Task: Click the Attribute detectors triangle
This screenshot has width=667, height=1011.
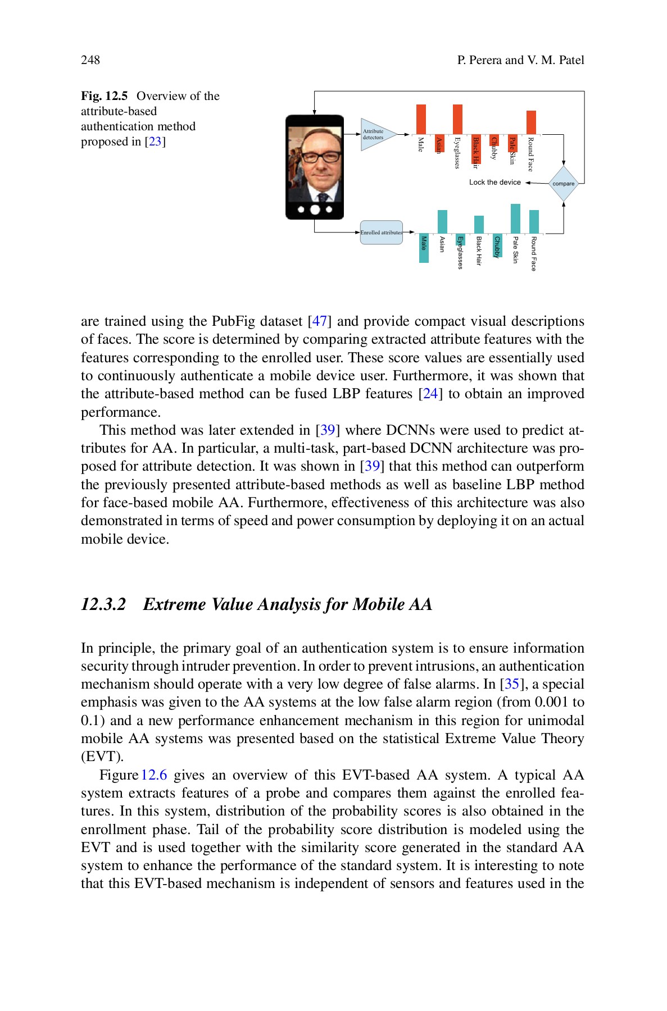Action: tap(376, 135)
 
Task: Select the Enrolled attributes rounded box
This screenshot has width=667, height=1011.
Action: tap(382, 233)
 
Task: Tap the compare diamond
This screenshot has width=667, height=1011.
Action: tap(563, 184)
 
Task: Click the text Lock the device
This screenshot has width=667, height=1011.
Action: tap(494, 183)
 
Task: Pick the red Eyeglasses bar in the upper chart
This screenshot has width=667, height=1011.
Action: tap(457, 119)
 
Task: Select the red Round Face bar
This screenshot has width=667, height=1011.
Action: tap(531, 122)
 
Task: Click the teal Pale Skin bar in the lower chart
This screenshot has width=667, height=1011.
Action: tap(515, 218)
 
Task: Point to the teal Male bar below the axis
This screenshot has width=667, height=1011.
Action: tap(424, 248)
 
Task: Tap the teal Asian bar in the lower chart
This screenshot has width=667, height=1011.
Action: tap(442, 221)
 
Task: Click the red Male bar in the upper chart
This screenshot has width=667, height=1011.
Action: tap(421, 119)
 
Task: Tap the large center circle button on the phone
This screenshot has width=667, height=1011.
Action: tap(315, 210)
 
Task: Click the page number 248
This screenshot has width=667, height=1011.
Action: tap(90, 60)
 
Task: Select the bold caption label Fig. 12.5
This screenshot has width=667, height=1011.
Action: tap(105, 96)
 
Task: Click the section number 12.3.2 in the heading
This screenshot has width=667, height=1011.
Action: tap(103, 604)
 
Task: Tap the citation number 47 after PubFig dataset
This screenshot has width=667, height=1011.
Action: tap(320, 321)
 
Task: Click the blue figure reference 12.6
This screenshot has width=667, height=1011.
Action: tap(154, 775)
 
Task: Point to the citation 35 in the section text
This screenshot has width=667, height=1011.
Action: tap(511, 684)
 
